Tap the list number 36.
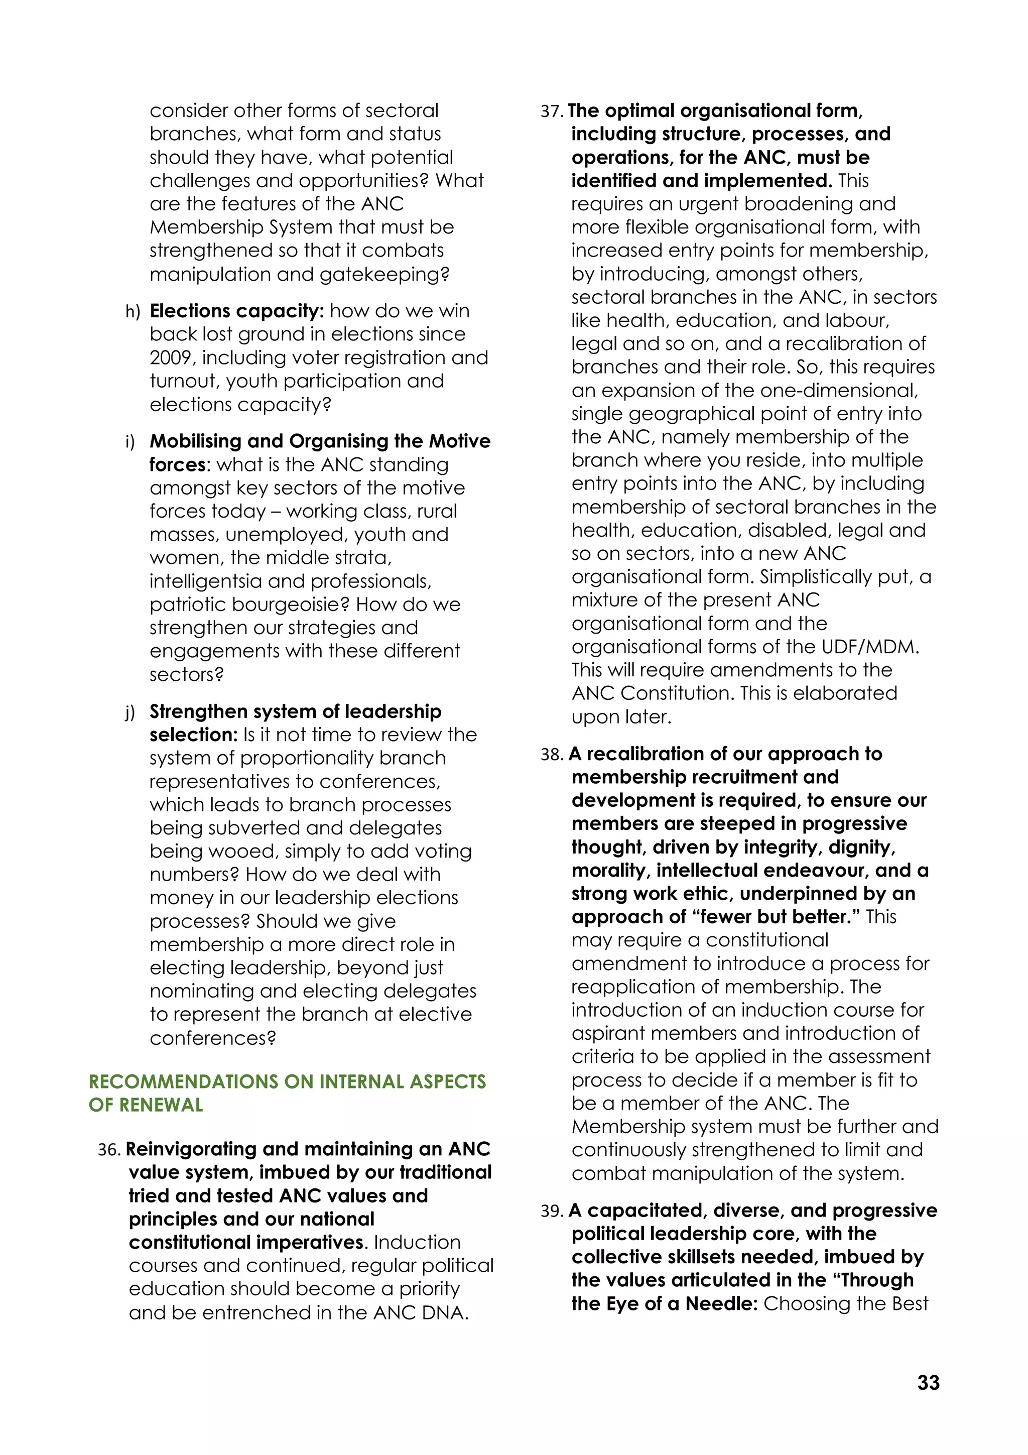(108, 1150)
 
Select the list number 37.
(551, 111)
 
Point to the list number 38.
(551, 755)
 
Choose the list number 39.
(551, 1211)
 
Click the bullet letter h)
(133, 312)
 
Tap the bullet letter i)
(131, 442)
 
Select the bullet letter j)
(131, 712)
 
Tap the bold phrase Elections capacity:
(237, 311)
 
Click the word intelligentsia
(206, 581)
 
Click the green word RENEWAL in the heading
(161, 1105)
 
